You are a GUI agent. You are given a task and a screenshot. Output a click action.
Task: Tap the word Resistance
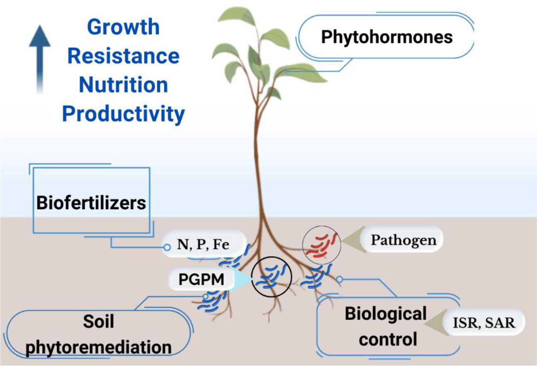click(123, 56)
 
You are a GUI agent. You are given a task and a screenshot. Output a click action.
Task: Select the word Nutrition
click(123, 85)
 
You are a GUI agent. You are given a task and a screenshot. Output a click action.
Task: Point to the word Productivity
click(123, 114)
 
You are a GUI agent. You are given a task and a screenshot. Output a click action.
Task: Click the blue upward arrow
click(40, 59)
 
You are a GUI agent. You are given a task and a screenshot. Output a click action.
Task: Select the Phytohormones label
click(387, 37)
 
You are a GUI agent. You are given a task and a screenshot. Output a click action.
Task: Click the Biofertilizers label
click(91, 203)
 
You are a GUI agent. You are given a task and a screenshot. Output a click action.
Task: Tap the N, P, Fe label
click(203, 245)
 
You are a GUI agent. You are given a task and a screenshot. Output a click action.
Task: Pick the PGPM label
click(201, 279)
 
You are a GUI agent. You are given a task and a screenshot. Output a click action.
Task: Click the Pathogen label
click(404, 240)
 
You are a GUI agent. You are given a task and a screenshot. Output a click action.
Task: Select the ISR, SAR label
click(484, 322)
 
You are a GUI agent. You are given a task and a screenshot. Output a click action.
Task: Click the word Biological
click(385, 313)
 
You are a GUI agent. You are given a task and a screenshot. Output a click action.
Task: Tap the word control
click(388, 339)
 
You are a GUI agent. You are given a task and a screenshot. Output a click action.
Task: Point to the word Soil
click(99, 321)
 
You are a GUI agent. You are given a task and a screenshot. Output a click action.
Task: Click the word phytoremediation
click(99, 347)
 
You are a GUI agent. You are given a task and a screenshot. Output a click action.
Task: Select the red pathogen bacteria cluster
click(322, 245)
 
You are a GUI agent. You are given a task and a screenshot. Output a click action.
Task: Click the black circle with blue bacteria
click(271, 277)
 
